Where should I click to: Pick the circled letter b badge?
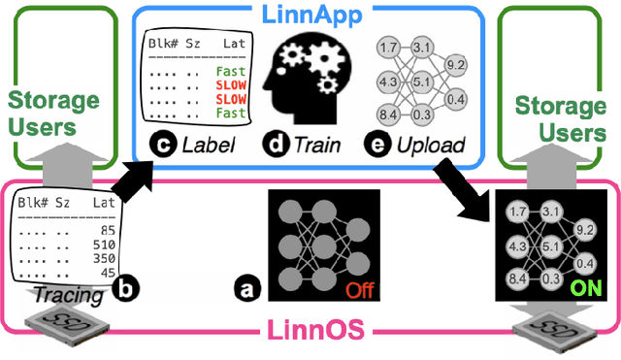(122, 286)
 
